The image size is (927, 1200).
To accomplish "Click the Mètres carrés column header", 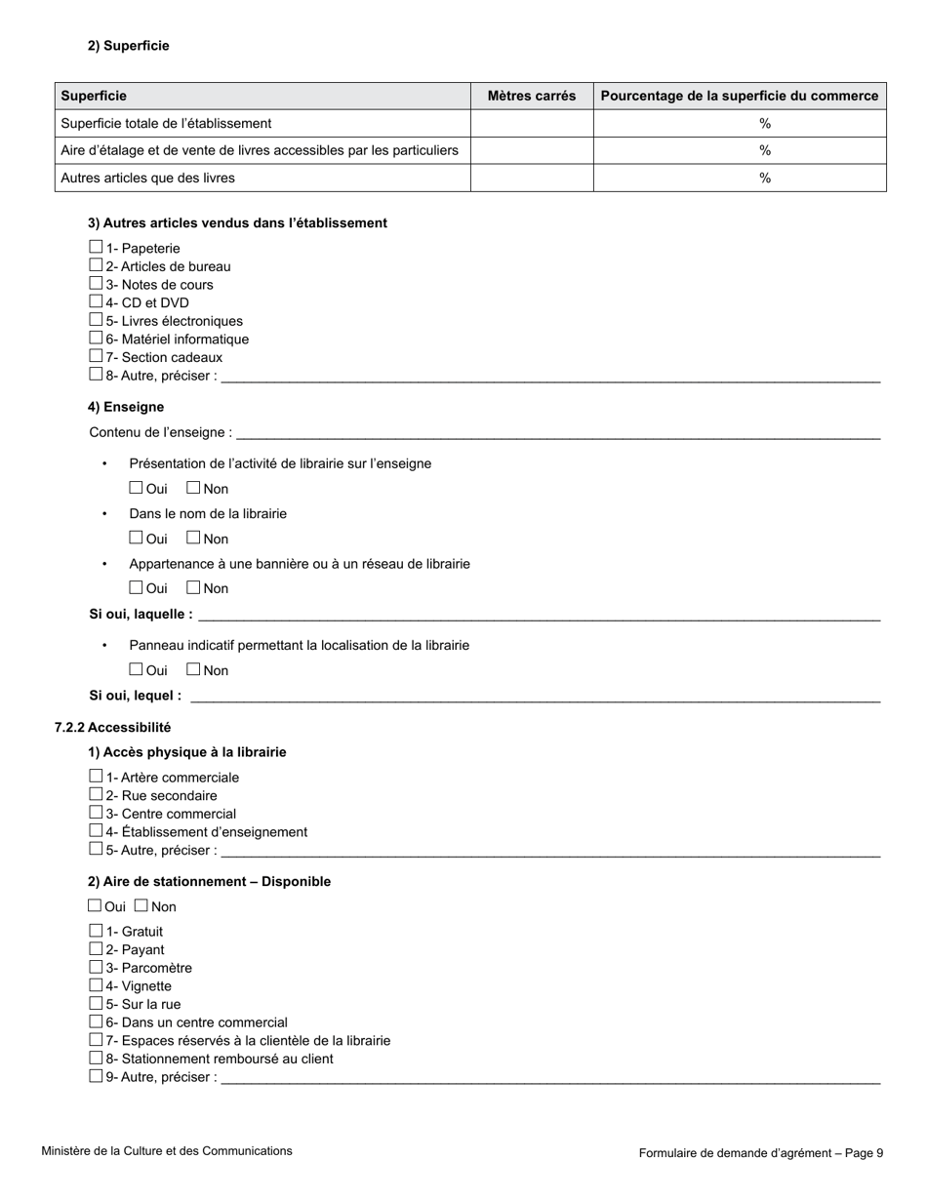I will [532, 96].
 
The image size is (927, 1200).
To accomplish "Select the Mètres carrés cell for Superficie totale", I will [532, 123].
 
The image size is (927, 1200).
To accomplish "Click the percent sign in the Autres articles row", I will [765, 178].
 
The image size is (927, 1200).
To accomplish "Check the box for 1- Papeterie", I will [96, 248].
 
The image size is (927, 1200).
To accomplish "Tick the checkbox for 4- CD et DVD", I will [96, 302].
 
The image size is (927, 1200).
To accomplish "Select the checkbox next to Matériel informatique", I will [96, 339].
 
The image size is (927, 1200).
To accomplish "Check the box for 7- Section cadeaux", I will [96, 357].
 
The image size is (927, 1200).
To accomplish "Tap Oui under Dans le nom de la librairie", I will [137, 538].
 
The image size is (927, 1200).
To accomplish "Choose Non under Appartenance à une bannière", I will [193, 587].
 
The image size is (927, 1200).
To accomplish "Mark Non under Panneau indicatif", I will [193, 669].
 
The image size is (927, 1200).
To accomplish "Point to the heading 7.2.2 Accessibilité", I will [112, 727].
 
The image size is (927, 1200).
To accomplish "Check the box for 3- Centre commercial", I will [96, 813].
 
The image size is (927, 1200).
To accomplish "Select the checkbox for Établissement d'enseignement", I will [96, 831].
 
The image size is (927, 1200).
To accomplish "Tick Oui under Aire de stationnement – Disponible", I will [95, 906].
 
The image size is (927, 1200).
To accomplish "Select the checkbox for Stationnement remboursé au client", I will [96, 1059].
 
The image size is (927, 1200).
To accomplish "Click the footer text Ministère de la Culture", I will [166, 1151].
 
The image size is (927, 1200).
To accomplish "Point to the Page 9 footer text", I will [761, 1153].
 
